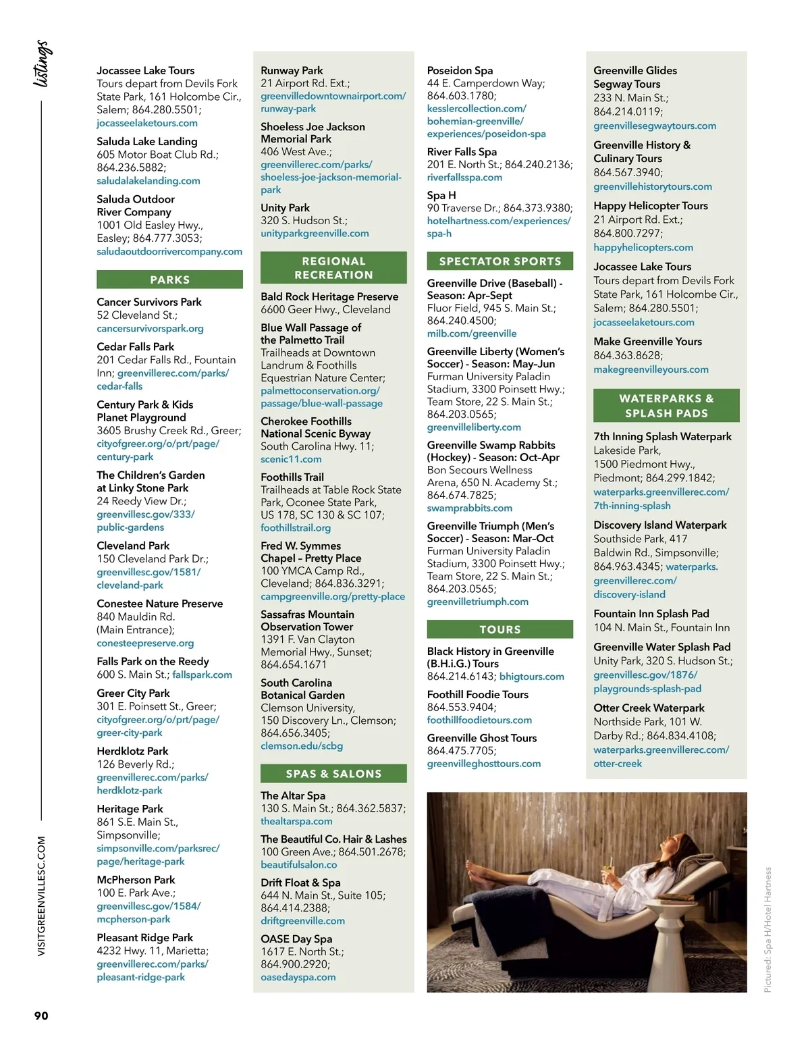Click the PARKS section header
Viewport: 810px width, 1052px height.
click(x=169, y=280)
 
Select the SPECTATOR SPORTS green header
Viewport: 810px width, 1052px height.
click(x=500, y=261)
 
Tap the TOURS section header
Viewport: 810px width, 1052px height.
click(x=500, y=629)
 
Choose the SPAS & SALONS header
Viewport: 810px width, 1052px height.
click(x=333, y=774)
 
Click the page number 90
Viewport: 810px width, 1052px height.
click(x=41, y=1016)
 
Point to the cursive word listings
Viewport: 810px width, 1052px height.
click(x=42, y=63)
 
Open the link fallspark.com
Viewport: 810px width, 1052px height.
click(x=202, y=675)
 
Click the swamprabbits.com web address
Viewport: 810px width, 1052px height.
click(x=469, y=508)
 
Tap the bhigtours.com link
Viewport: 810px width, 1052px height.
click(x=531, y=677)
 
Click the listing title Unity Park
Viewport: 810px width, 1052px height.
click(x=285, y=208)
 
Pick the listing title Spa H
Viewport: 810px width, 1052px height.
click(x=441, y=195)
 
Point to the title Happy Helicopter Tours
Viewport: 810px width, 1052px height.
click(x=650, y=206)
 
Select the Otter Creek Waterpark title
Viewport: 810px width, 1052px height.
click(x=649, y=708)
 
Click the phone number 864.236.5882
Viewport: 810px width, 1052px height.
click(x=131, y=167)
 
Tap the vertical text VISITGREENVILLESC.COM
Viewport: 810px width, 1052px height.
click(x=41, y=895)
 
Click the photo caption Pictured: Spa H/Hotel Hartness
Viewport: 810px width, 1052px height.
click(x=767, y=929)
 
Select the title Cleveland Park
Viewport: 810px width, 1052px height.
click(x=133, y=546)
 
